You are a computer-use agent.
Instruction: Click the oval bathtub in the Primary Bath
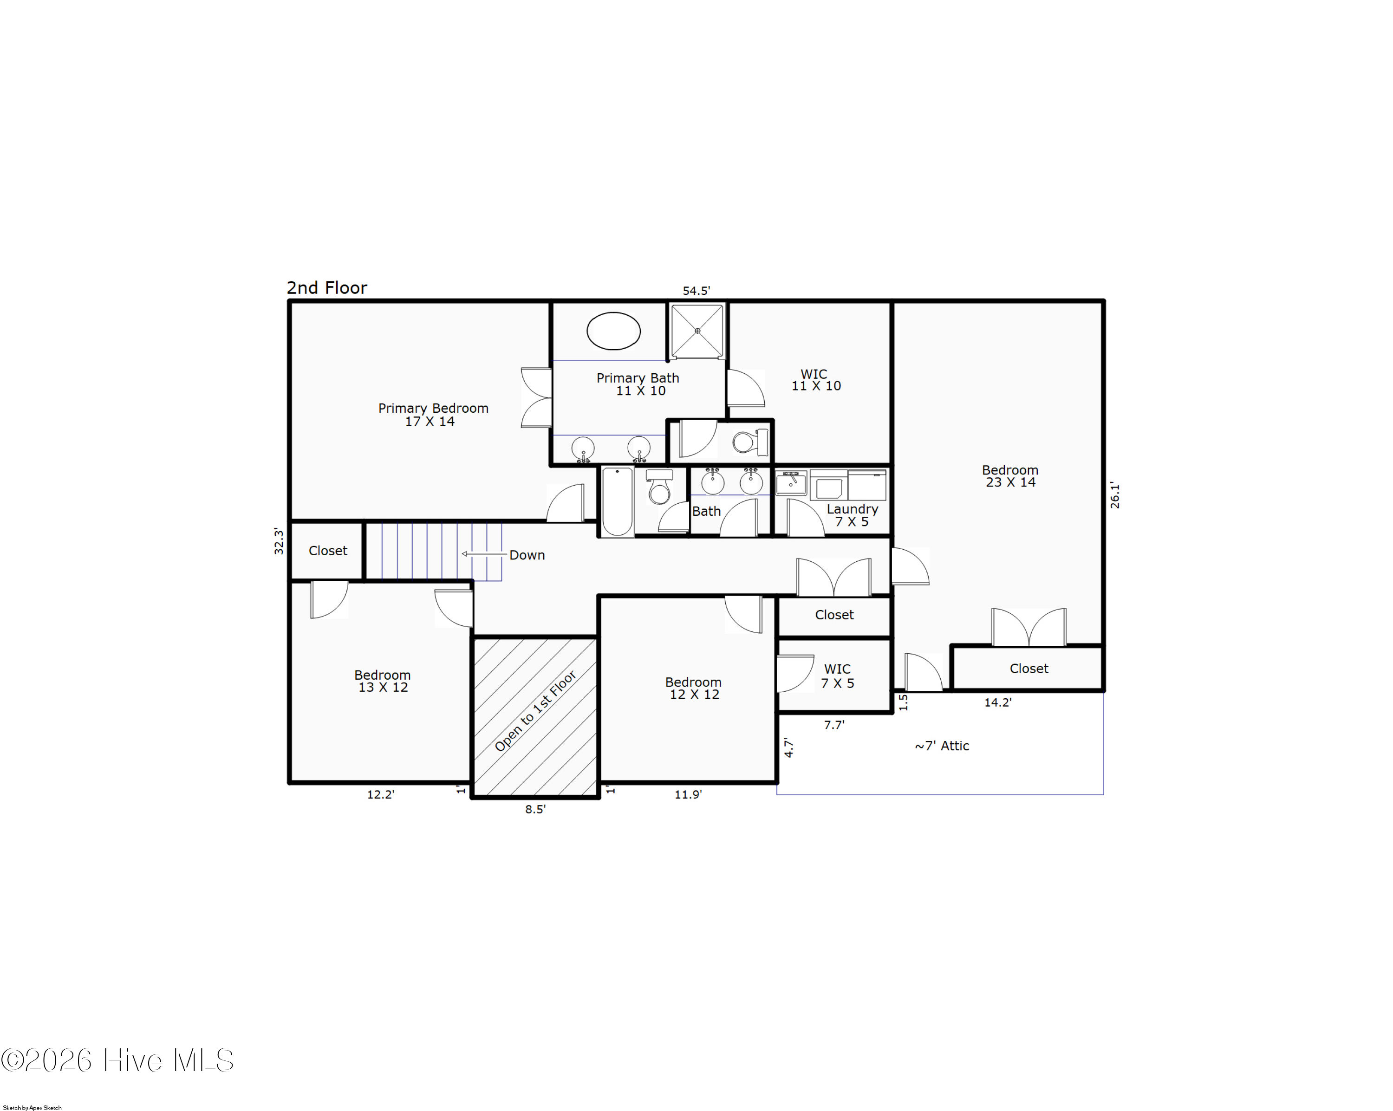coord(613,331)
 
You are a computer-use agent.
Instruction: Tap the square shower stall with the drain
coord(697,331)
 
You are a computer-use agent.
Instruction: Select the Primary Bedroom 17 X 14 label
coord(432,415)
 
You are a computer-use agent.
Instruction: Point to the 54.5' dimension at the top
coord(696,291)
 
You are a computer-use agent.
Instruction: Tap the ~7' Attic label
coord(941,746)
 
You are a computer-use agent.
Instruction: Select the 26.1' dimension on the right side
coord(1114,495)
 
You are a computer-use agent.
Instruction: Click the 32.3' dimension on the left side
coord(279,541)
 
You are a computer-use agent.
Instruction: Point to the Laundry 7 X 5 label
coord(852,515)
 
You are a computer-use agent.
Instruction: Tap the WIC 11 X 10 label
coord(815,380)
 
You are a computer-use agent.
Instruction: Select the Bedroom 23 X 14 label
coord(1010,476)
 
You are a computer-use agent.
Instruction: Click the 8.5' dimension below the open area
coord(535,809)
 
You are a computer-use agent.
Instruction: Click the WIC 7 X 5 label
coord(837,676)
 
